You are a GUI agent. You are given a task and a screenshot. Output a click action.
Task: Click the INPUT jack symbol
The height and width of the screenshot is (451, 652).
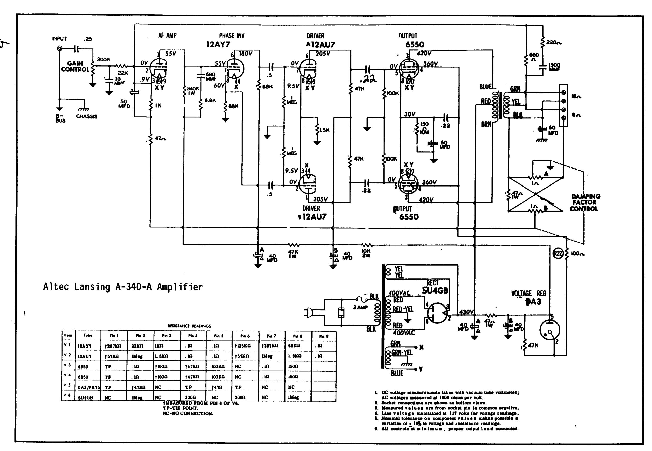pos(60,49)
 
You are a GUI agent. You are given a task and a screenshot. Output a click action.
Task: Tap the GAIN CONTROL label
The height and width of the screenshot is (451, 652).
pos(75,67)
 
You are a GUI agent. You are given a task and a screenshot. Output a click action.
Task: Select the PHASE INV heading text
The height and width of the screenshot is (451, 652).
pos(232,36)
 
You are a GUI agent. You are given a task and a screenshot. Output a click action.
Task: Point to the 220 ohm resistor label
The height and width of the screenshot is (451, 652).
pos(553,42)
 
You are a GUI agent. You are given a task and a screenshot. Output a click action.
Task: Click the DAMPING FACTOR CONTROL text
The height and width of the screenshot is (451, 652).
pos(584,203)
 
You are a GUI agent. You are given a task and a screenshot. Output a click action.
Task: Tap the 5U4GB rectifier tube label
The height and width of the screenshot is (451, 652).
pos(435,290)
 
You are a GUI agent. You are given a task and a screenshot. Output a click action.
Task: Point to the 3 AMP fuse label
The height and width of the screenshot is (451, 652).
pos(360,307)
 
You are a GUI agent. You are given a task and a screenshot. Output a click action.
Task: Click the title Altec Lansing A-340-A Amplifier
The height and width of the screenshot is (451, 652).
pos(123,287)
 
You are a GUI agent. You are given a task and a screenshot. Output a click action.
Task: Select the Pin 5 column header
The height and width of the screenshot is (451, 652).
pos(219,336)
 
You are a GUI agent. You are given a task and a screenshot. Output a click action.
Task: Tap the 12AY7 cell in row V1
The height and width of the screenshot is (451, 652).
pos(85,346)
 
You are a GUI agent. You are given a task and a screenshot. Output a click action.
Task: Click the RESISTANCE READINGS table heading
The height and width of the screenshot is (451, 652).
pos(189,326)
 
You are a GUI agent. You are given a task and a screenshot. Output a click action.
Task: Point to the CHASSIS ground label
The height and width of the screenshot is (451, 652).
pos(86,116)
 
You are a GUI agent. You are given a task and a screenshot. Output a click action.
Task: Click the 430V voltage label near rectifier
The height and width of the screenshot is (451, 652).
pos(466,312)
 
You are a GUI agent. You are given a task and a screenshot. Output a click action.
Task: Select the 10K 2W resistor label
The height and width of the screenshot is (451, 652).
pos(366,253)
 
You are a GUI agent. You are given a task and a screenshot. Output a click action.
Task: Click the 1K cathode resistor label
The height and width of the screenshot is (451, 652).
pos(158,105)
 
